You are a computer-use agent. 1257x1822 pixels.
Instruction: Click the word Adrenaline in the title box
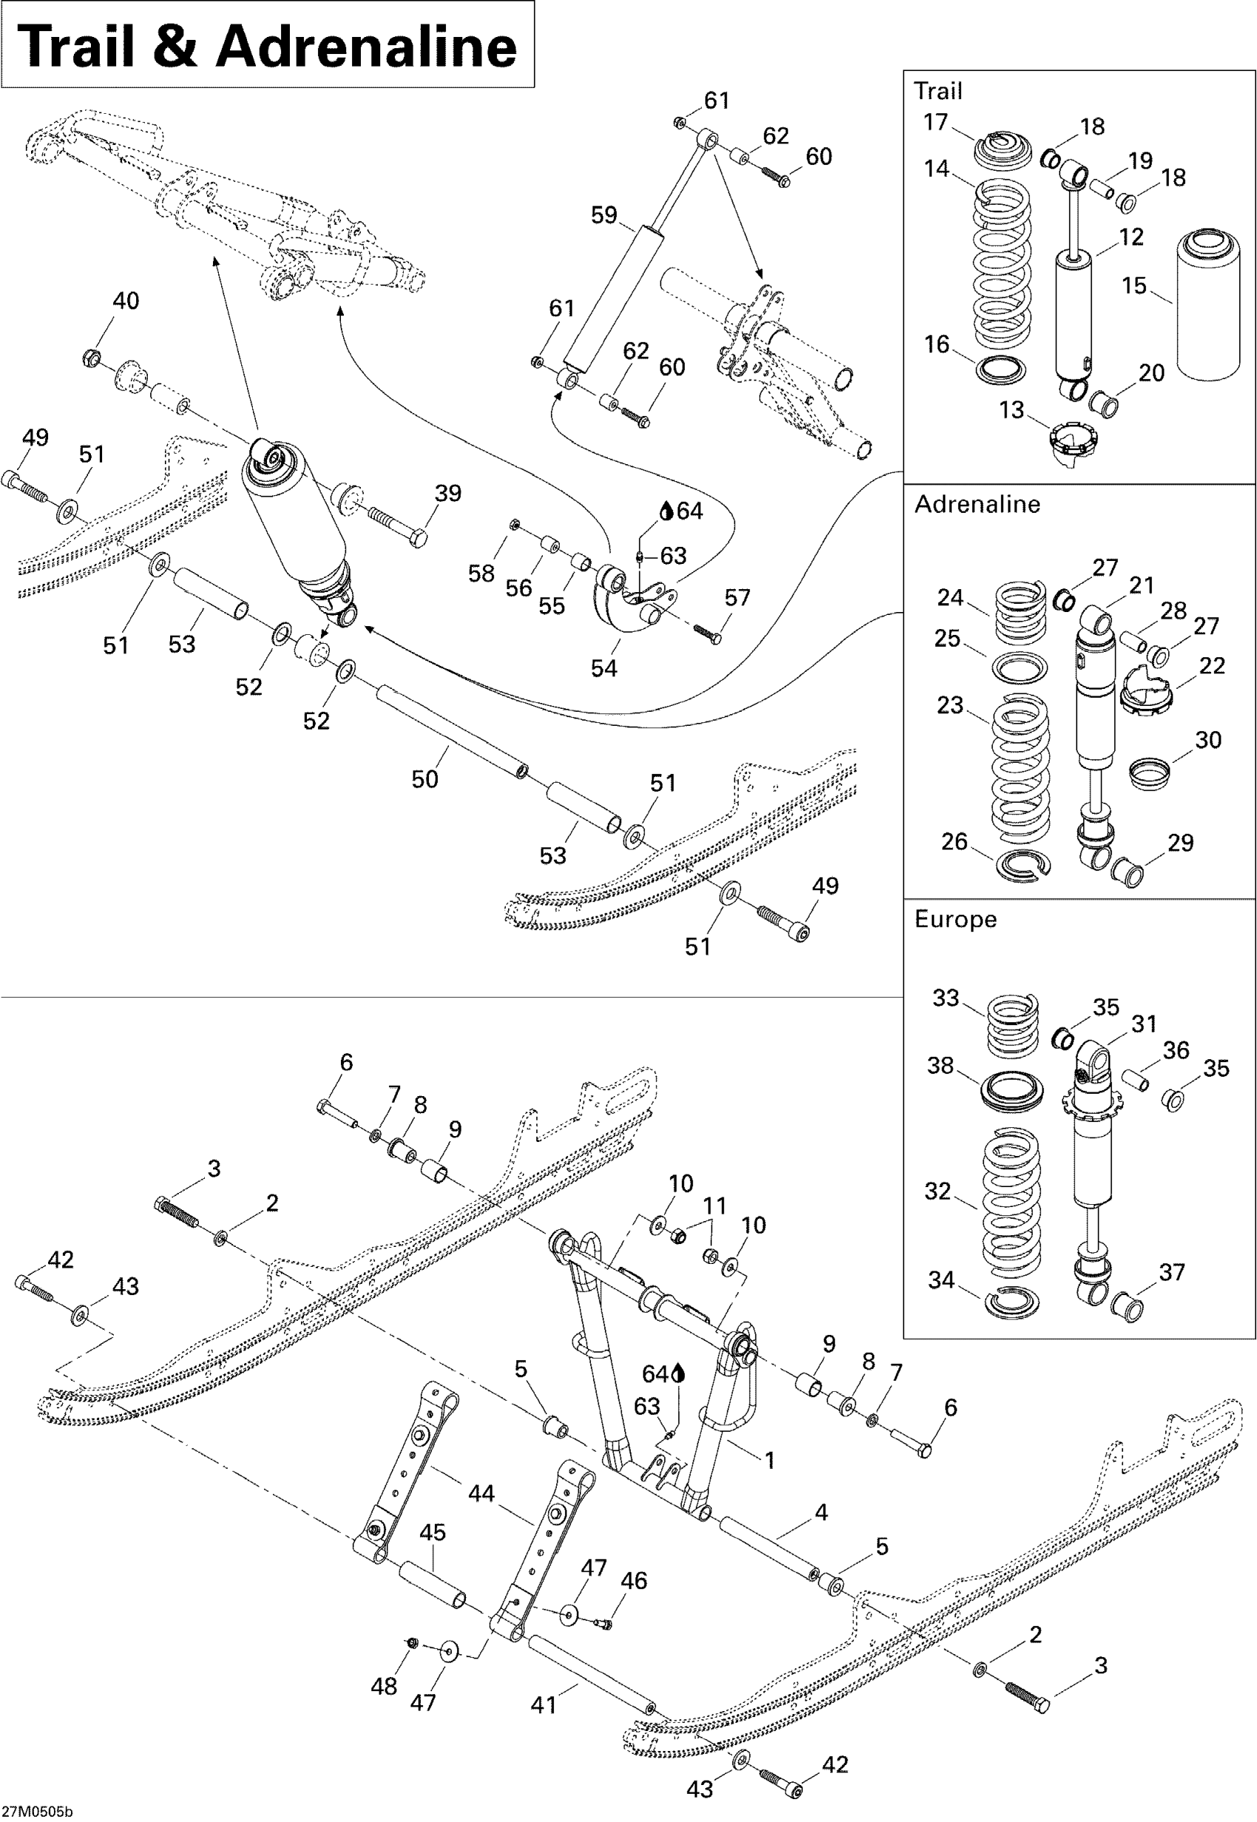tap(366, 46)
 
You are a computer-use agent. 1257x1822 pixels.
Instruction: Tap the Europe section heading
tap(955, 920)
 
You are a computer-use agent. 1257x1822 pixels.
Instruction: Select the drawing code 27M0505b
tap(37, 1812)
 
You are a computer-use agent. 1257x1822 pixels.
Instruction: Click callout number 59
tap(604, 215)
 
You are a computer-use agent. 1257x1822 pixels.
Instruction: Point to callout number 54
tap(604, 667)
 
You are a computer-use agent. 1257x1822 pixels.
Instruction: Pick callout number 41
tap(543, 1704)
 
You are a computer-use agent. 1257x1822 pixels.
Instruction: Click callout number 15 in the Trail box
tap(1134, 285)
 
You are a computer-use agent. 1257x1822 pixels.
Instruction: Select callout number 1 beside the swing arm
tap(770, 1461)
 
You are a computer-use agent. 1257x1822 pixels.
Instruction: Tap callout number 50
tap(424, 779)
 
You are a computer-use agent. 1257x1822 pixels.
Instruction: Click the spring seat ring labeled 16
tap(1001, 370)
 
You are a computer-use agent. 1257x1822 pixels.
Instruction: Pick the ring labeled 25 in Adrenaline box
tap(1020, 667)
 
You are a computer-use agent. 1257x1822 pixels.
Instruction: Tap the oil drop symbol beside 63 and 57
tap(666, 511)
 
